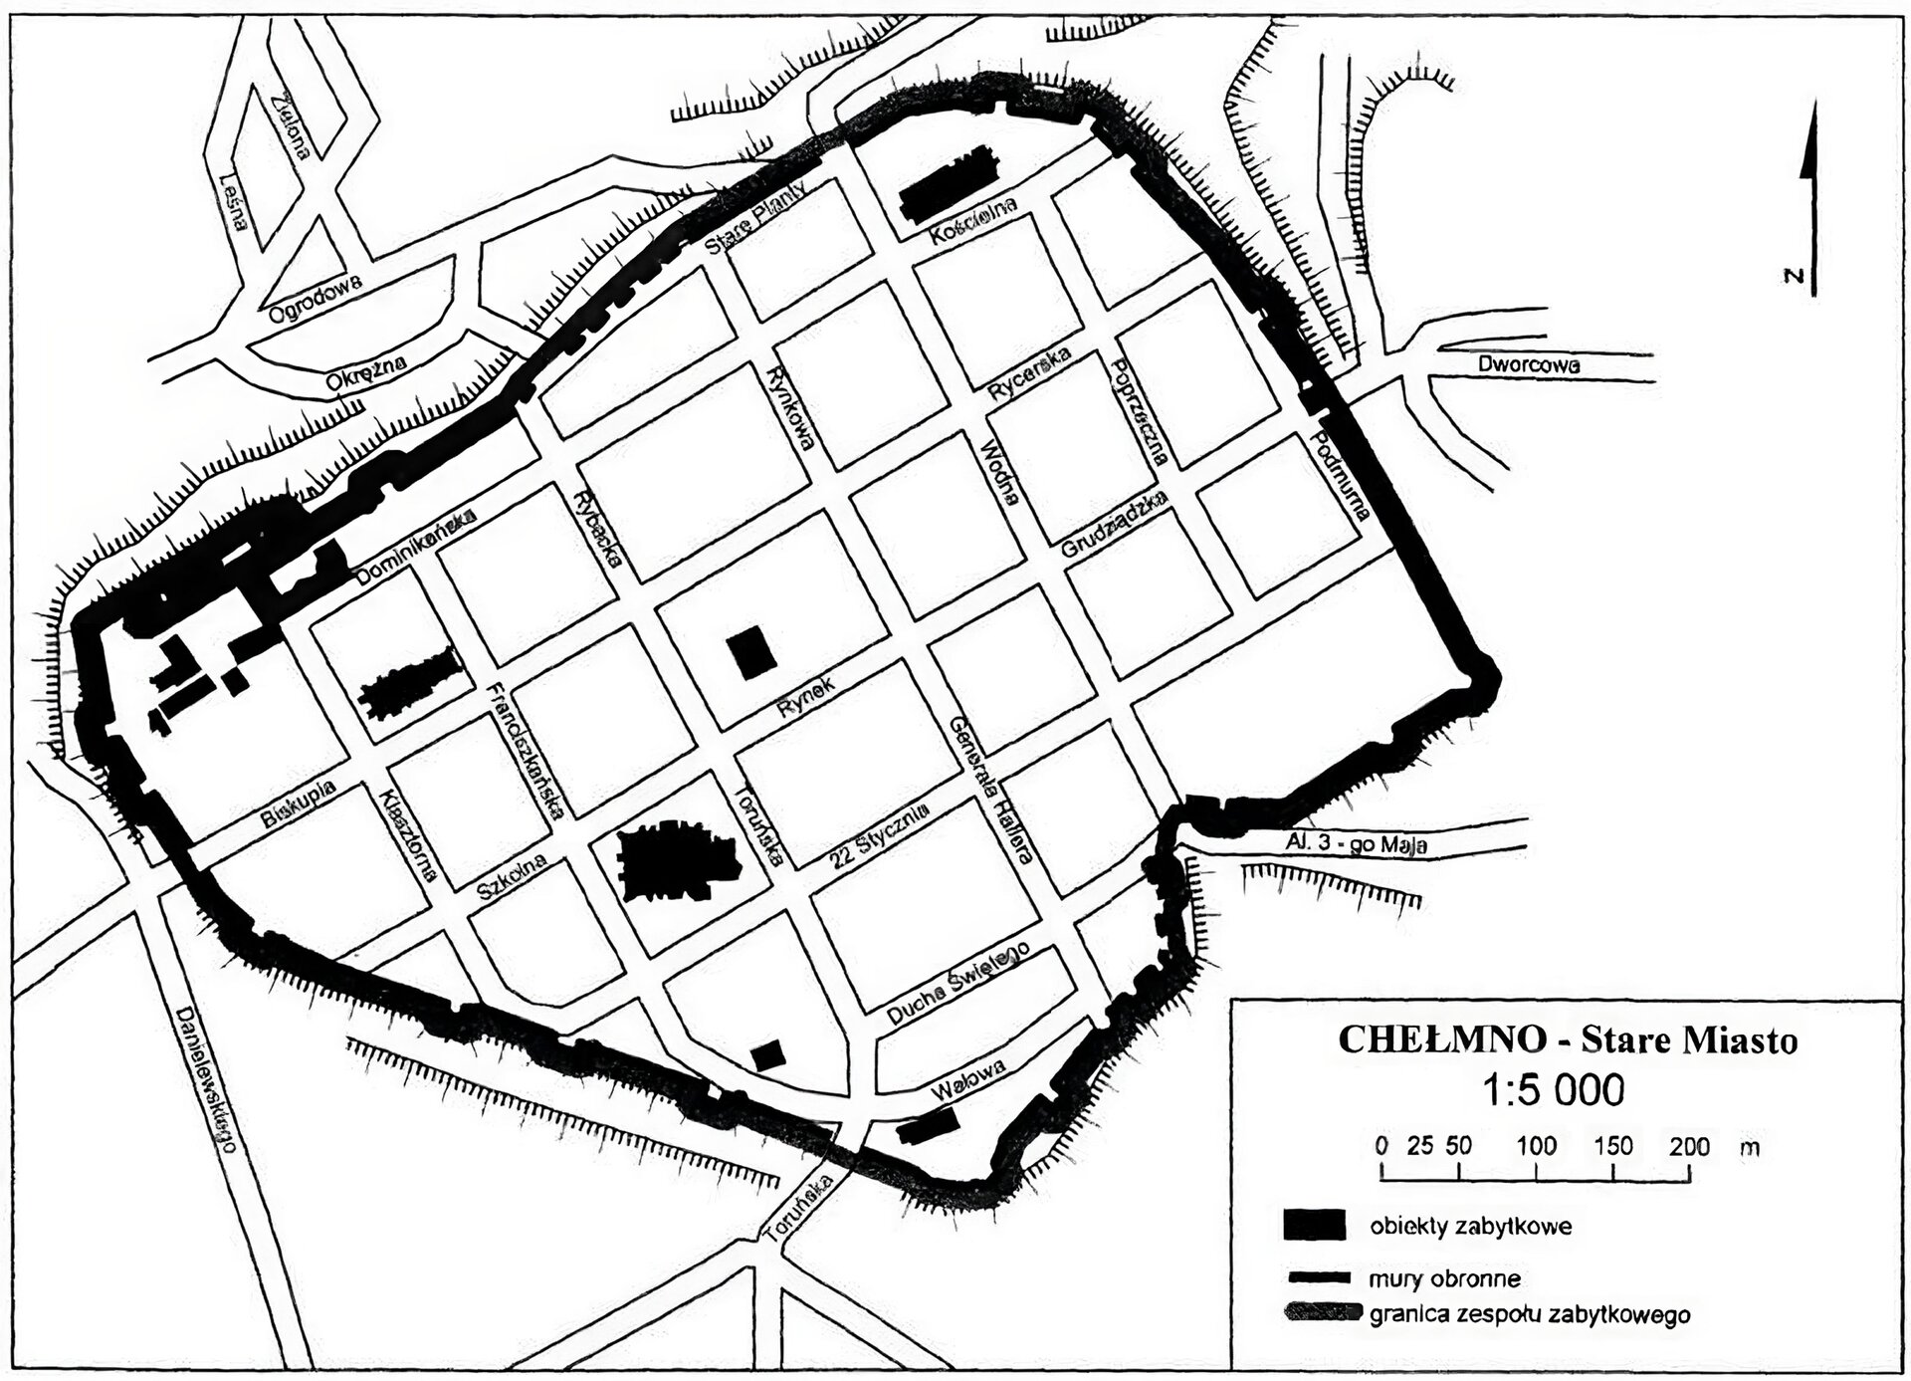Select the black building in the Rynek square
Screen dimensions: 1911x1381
[x=751, y=653]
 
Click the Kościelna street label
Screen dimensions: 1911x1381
[x=973, y=221]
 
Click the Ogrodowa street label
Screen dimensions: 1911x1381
[x=315, y=299]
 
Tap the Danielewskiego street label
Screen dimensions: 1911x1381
[x=207, y=1080]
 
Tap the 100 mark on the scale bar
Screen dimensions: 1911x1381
[x=1536, y=1146]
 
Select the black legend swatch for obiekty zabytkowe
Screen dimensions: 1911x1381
[x=1314, y=1225]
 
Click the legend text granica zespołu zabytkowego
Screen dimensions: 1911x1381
[x=1529, y=1314]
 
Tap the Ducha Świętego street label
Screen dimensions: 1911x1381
[x=957, y=983]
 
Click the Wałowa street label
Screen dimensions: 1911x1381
[x=967, y=1079]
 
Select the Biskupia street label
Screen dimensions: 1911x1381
[x=299, y=805]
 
